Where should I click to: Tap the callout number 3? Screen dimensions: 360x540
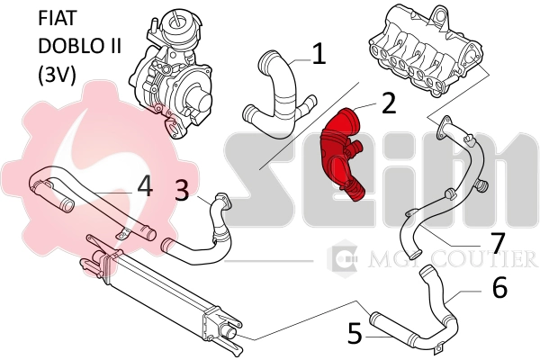pyautogui.click(x=182, y=190)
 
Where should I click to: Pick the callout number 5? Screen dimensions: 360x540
pyautogui.click(x=355, y=333)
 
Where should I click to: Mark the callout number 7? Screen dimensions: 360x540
pyautogui.click(x=498, y=242)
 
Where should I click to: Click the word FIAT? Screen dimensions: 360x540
pyautogui.click(x=58, y=18)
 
